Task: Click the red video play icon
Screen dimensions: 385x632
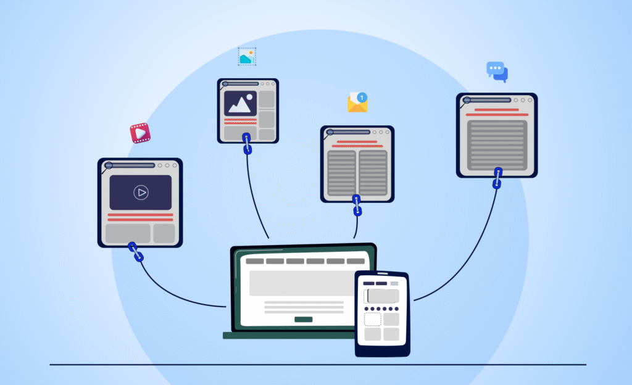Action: pyautogui.click(x=140, y=133)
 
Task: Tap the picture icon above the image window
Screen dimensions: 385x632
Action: pyautogui.click(x=247, y=57)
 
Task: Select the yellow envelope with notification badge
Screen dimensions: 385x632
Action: pyautogui.click(x=357, y=102)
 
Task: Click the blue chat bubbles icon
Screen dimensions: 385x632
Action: pyautogui.click(x=497, y=72)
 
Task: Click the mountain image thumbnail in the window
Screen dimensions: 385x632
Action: pyautogui.click(x=240, y=104)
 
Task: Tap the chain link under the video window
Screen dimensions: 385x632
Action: pyautogui.click(x=135, y=252)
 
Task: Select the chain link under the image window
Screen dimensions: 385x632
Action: pyautogui.click(x=247, y=143)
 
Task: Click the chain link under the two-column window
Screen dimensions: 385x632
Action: pyautogui.click(x=357, y=205)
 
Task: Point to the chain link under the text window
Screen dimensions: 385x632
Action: pyautogui.click(x=497, y=178)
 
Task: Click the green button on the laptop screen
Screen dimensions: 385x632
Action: pyautogui.click(x=303, y=319)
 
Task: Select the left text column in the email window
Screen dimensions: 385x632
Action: pyautogui.click(x=341, y=173)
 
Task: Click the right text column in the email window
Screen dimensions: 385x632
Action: pyautogui.click(x=373, y=173)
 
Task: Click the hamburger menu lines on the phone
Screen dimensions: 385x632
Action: pyautogui.click(x=394, y=284)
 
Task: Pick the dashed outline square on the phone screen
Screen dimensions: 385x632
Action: pyautogui.click(x=372, y=319)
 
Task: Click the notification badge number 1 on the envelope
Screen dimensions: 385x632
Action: pyautogui.click(x=362, y=97)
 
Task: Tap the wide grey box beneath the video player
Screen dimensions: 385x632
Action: pyautogui.click(x=128, y=233)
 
